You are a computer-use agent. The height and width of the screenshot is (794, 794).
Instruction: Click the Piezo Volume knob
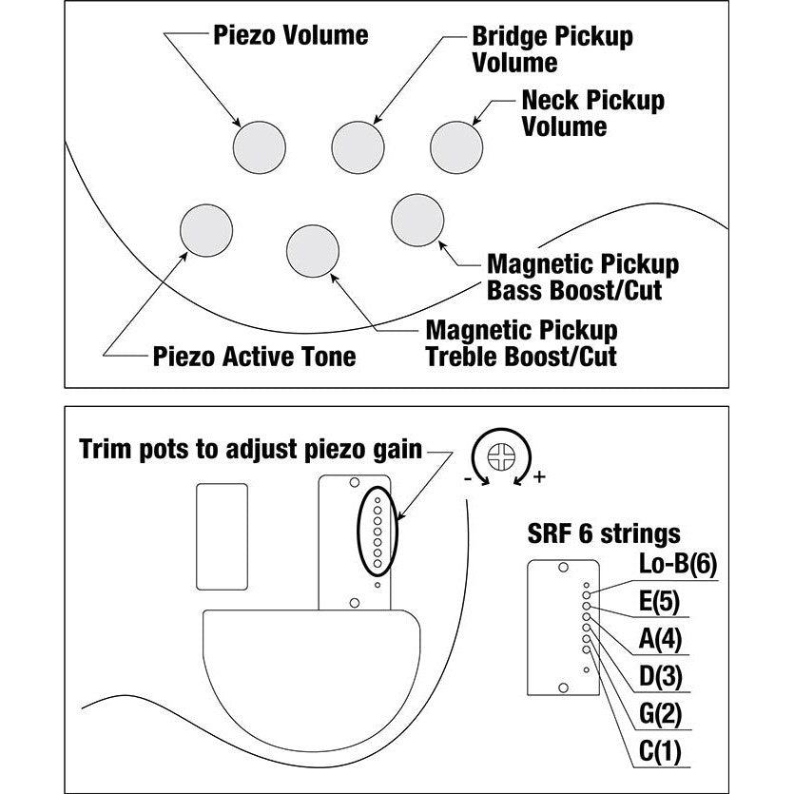[x=260, y=146]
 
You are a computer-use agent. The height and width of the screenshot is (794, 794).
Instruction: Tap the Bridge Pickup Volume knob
[x=358, y=146]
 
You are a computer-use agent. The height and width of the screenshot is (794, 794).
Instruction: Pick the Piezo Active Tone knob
[x=206, y=230]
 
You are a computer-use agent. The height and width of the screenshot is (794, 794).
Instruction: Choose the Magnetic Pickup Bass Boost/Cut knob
[x=417, y=220]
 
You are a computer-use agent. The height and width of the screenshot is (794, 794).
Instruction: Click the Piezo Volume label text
[x=290, y=36]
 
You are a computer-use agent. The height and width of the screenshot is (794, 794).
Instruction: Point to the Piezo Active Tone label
[x=255, y=357]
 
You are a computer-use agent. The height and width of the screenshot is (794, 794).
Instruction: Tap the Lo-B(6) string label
[x=676, y=564]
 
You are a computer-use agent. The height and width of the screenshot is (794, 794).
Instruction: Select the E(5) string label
[x=660, y=602]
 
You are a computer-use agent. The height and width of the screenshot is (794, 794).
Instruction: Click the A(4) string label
[x=660, y=639]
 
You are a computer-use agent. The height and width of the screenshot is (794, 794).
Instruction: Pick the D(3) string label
[x=660, y=677]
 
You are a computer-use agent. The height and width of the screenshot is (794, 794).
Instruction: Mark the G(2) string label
[x=660, y=715]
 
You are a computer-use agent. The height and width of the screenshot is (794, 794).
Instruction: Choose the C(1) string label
[x=660, y=753]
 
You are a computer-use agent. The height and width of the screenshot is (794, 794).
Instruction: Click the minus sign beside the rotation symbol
[x=468, y=480]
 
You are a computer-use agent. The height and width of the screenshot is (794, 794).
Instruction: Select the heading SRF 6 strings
[x=603, y=533]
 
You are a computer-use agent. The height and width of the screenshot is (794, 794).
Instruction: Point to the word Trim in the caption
[x=106, y=448]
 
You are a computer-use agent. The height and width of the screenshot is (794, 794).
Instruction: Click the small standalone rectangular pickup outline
[x=222, y=536]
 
